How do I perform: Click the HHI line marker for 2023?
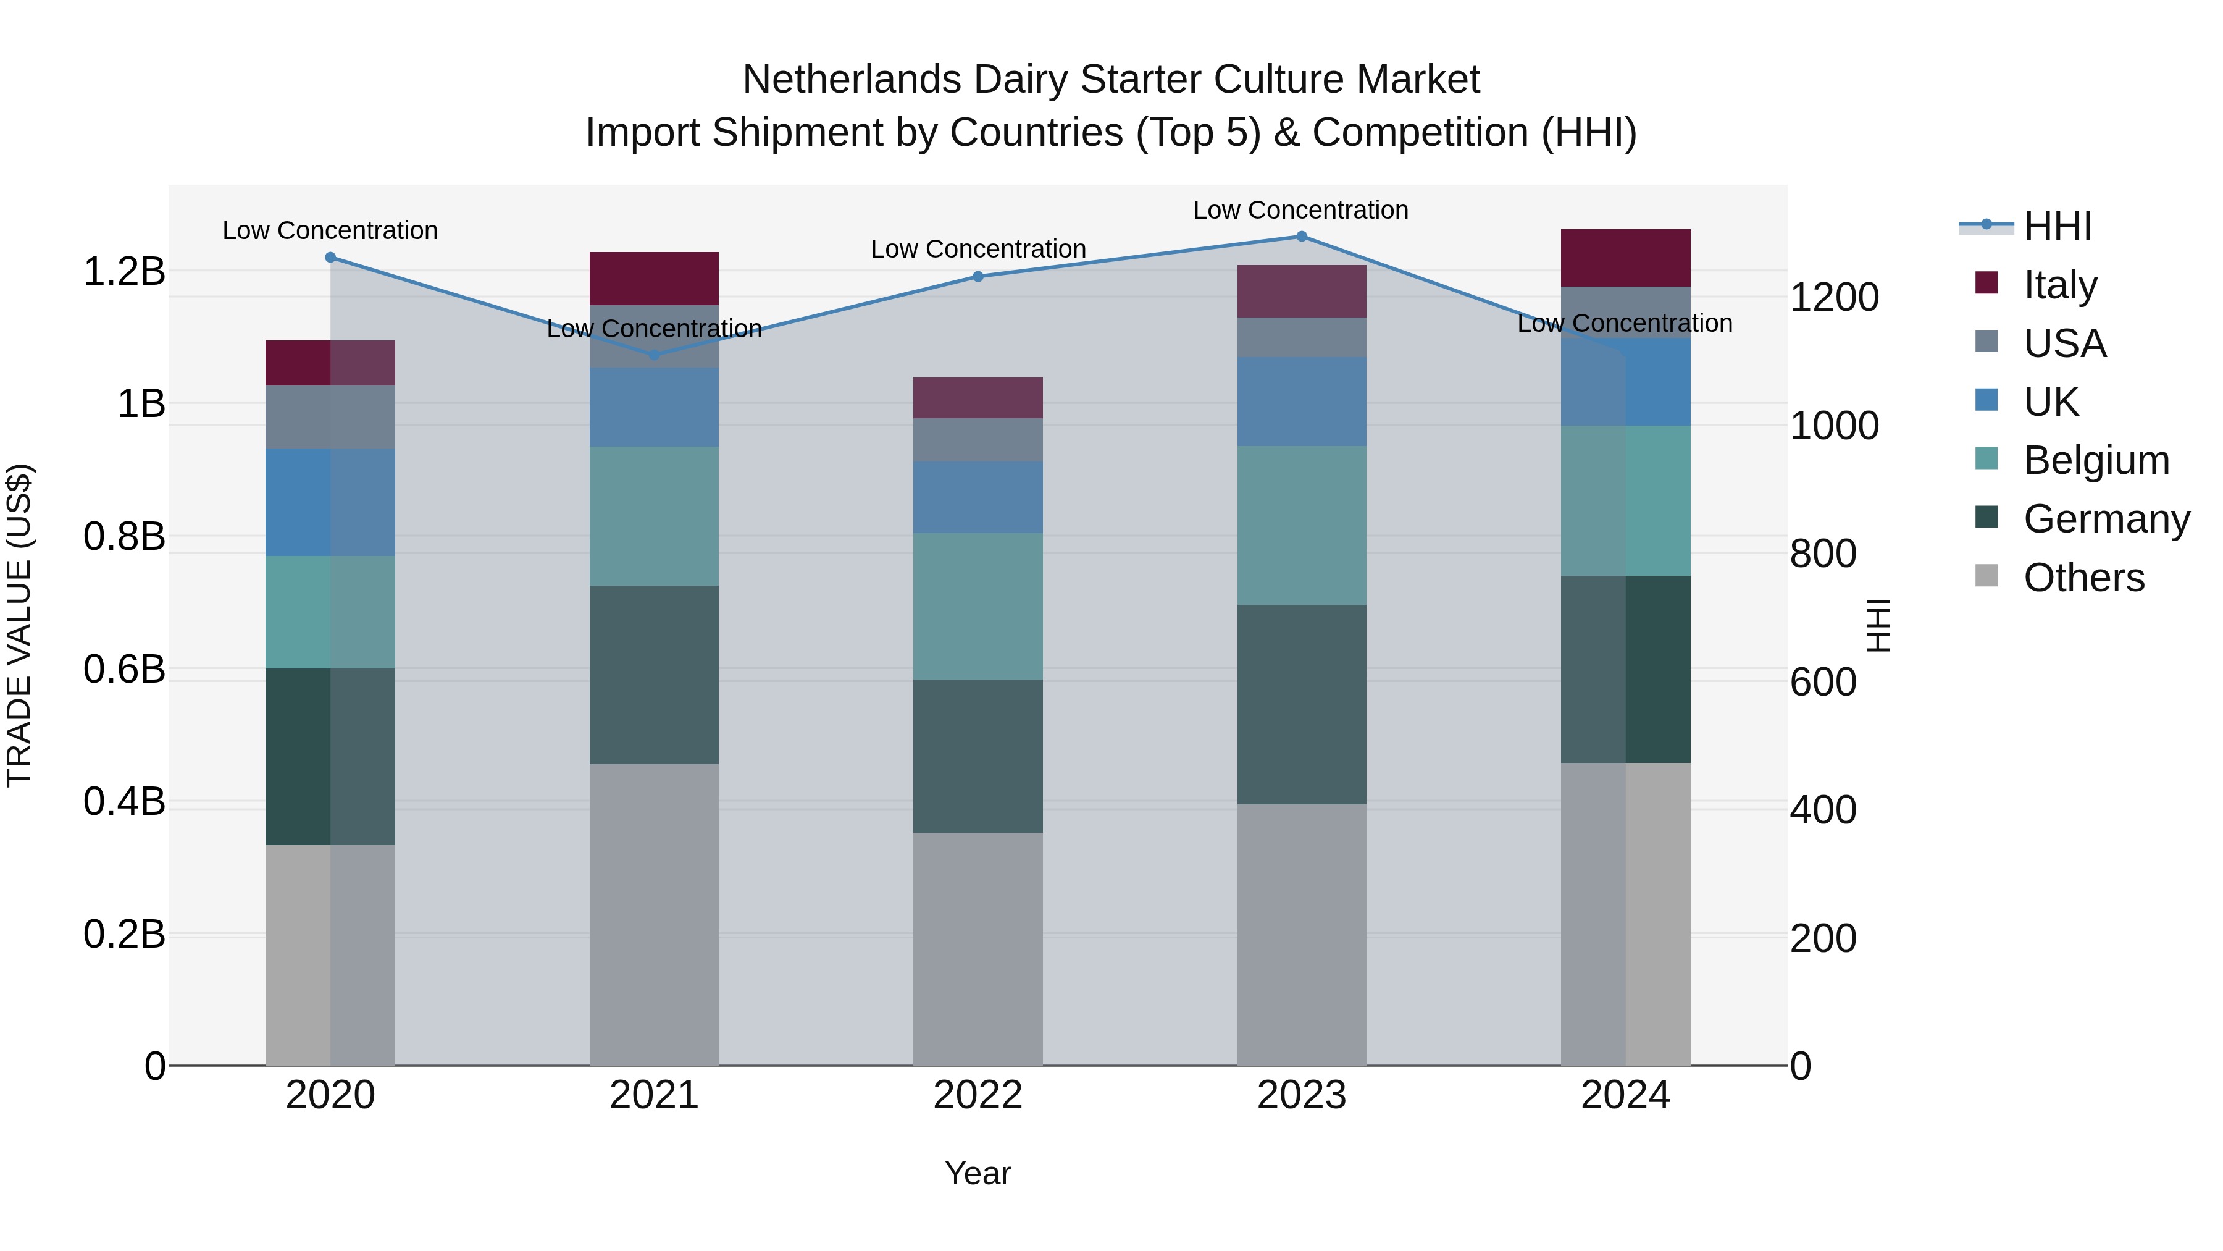1301,237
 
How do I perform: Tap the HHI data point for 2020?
330,257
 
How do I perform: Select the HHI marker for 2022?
978,276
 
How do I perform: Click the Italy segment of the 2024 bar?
1625,257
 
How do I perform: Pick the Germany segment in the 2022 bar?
978,756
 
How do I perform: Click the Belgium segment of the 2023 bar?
1301,525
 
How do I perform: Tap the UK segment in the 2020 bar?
330,502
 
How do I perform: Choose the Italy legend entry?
2059,285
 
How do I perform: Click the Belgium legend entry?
2095,460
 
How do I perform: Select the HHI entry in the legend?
2058,226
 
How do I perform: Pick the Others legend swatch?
1986,576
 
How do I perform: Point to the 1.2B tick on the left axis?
124,272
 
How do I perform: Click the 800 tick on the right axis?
1823,554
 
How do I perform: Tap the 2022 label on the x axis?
978,1095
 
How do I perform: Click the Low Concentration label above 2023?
1300,210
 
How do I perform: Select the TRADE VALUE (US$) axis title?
19,625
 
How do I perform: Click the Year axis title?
978,1173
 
